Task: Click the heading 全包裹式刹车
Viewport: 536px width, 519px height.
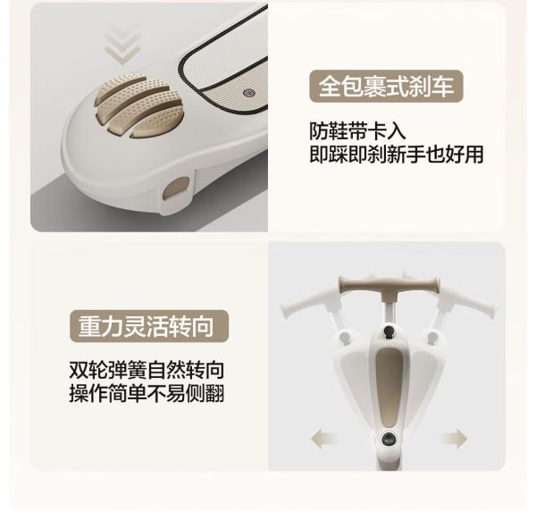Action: (386, 86)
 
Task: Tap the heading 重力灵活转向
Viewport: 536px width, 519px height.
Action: (146, 326)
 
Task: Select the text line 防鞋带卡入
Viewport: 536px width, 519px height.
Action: (357, 131)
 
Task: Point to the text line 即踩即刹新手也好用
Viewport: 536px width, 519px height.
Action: (396, 155)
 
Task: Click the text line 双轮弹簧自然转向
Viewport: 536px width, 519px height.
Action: (147, 370)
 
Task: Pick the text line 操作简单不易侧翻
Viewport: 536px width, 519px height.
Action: (147, 393)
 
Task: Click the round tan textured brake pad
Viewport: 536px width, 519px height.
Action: (139, 106)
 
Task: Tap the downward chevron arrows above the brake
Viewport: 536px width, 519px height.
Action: (122, 44)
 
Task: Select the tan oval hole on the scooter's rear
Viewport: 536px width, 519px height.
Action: (176, 188)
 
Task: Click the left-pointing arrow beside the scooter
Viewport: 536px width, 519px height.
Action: (324, 438)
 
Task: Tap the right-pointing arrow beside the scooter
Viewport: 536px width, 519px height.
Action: (455, 439)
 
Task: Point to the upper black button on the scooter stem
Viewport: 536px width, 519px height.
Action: (389, 331)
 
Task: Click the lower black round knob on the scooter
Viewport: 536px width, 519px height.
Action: (389, 438)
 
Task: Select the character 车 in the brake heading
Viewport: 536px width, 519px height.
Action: (443, 86)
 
